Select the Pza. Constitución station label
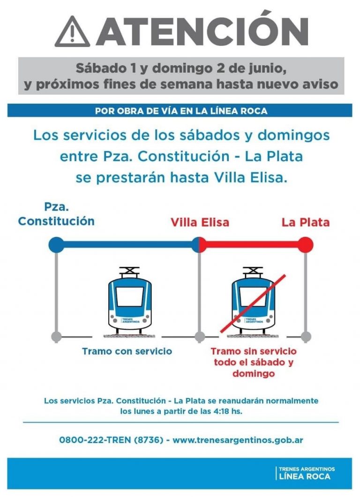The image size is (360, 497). (x=56, y=214)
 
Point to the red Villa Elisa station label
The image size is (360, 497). (x=200, y=222)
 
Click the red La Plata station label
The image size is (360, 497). (x=306, y=222)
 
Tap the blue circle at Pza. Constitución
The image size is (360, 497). (x=56, y=244)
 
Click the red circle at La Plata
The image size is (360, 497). (x=306, y=244)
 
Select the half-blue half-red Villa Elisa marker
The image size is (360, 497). (x=199, y=244)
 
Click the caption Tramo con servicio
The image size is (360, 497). (x=127, y=351)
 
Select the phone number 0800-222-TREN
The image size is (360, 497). (x=111, y=440)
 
